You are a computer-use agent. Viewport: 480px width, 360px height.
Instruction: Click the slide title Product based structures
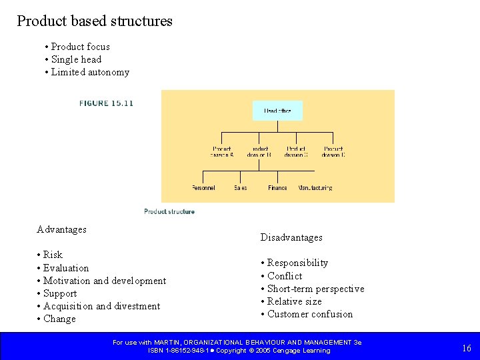point(95,21)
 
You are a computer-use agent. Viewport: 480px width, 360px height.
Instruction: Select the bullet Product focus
point(80,47)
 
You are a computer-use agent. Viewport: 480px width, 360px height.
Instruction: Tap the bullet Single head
point(76,59)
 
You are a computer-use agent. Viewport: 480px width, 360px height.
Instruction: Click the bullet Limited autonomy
point(90,72)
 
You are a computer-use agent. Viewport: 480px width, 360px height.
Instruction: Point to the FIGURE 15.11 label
point(106,103)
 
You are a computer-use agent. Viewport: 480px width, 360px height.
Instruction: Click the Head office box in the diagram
point(277,111)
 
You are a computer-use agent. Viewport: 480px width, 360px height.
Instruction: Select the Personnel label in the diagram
point(203,188)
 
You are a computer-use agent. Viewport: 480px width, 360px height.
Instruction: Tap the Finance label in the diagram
point(277,188)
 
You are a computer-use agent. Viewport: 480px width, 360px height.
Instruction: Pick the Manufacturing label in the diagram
point(315,188)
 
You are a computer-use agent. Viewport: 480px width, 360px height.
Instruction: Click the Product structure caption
point(169,211)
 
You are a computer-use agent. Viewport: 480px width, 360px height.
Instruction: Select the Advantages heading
point(62,229)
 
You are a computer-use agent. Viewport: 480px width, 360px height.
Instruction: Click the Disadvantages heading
point(291,237)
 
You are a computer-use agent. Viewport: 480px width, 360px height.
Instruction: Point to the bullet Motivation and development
point(105,281)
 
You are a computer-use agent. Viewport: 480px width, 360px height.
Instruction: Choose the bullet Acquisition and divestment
point(101,306)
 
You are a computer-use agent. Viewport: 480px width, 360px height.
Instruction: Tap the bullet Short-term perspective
point(315,289)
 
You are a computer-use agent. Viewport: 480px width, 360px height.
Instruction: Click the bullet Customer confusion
point(310,314)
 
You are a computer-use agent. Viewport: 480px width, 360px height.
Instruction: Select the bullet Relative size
point(294,301)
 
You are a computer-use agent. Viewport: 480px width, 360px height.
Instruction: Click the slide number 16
point(467,348)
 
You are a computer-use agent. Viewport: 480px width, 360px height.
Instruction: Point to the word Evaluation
point(66,268)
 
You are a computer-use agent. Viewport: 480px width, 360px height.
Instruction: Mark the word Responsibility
point(297,263)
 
